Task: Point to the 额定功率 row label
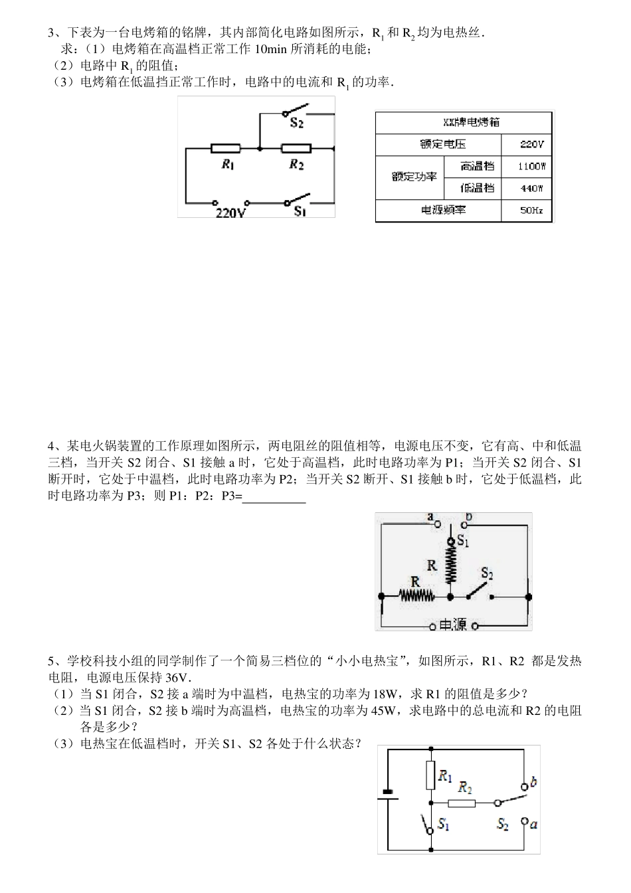(x=414, y=177)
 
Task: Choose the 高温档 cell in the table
(x=478, y=166)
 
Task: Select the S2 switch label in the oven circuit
(x=297, y=123)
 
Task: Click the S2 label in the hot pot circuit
(x=487, y=573)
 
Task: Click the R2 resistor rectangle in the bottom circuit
(x=466, y=803)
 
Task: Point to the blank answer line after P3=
(x=274, y=497)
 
